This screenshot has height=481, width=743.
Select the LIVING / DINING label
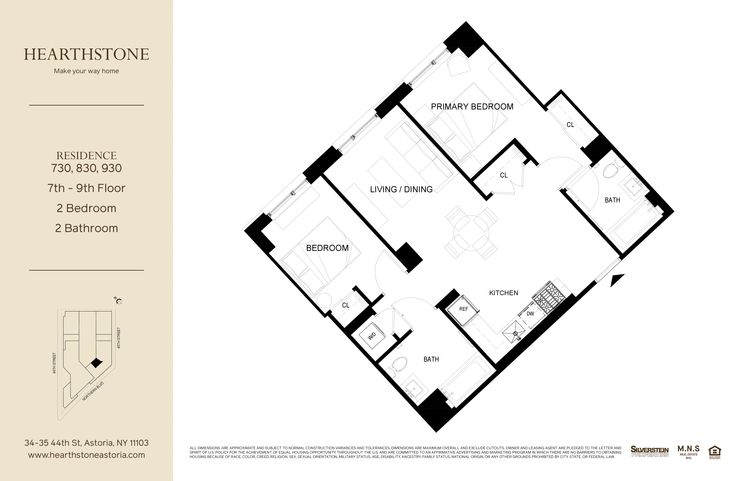[x=401, y=189]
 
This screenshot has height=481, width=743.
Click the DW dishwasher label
[x=530, y=314]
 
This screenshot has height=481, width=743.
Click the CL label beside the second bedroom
[x=346, y=305]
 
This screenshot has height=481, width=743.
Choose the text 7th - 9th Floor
[x=87, y=188]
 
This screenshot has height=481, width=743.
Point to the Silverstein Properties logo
[x=650, y=452]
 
